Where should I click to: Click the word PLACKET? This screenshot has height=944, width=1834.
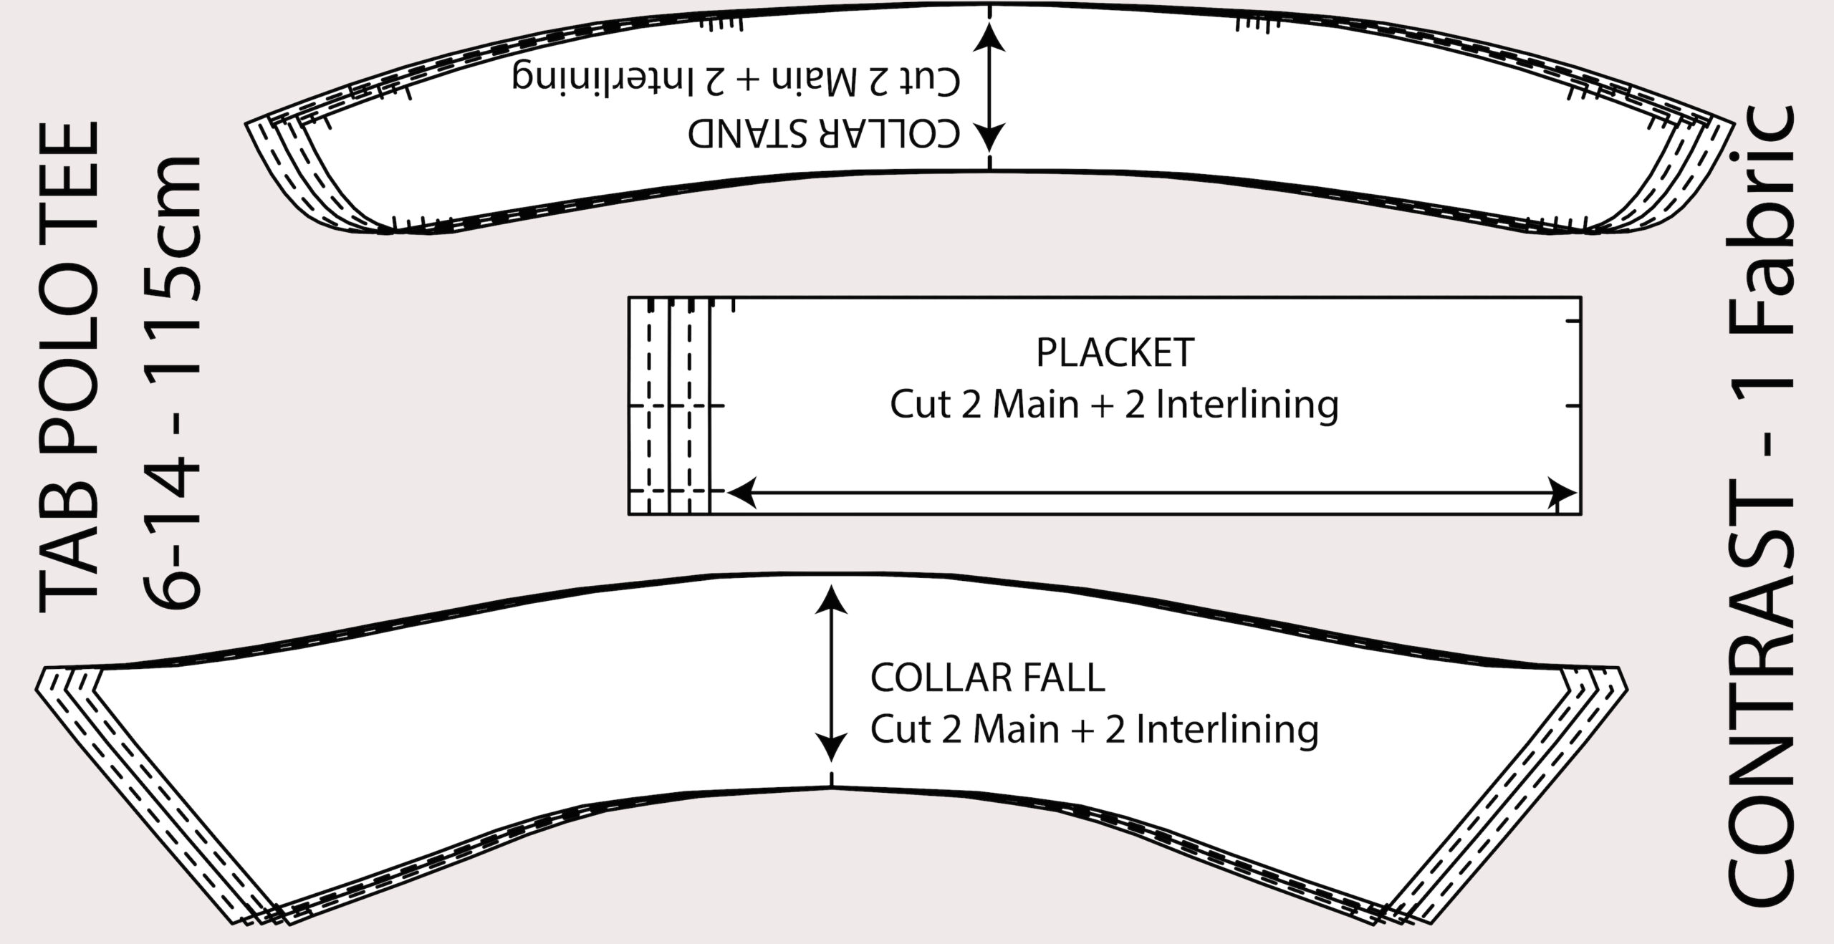pos(1115,352)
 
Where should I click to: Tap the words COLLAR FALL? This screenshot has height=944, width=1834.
pos(987,678)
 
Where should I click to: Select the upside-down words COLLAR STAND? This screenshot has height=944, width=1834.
pos(824,133)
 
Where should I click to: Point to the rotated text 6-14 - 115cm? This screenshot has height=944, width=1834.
pos(172,380)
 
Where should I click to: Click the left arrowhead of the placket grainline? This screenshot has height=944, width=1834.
pos(739,493)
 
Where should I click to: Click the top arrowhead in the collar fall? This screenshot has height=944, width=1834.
pos(831,597)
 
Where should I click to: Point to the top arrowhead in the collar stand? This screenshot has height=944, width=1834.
pos(990,36)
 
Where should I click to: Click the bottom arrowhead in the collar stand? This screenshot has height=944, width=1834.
pos(990,136)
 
